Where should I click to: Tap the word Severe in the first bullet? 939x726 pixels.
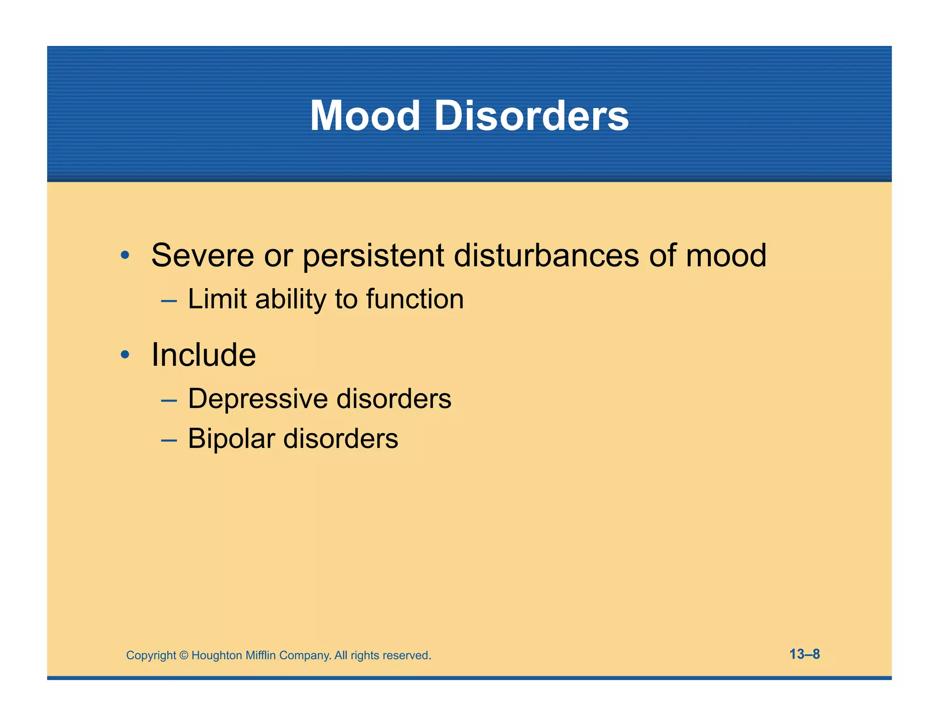pos(202,255)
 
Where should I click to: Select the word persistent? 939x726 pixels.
pos(373,256)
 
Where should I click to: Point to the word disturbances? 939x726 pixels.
pos(546,255)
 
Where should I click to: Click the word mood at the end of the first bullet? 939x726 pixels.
pos(726,255)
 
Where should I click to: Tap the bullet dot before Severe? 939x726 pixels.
pos(125,255)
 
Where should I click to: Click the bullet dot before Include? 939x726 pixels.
pos(125,355)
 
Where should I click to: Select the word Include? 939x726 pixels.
pos(204,355)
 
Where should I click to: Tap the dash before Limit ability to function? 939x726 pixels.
pos(169,301)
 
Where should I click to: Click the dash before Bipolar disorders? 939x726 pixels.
pos(169,441)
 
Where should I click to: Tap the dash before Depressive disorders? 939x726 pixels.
pos(169,401)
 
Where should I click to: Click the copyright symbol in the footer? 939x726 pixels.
pos(184,655)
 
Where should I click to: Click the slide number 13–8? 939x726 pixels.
pos(804,654)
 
